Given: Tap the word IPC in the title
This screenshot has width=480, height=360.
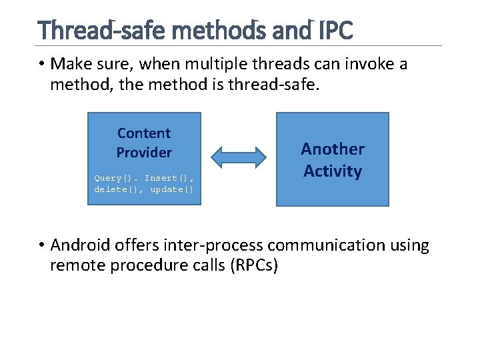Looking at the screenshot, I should [336, 30].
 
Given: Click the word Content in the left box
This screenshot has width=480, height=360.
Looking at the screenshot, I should [144, 133].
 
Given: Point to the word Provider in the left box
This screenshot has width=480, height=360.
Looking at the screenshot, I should [144, 153].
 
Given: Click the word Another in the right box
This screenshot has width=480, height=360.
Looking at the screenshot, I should [332, 149].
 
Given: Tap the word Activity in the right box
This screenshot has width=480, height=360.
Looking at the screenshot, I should [332, 171].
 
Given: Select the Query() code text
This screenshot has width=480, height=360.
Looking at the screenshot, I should [116, 178].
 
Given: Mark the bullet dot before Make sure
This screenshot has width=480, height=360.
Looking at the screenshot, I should [41, 65].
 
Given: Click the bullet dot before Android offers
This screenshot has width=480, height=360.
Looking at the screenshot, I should [41, 246].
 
